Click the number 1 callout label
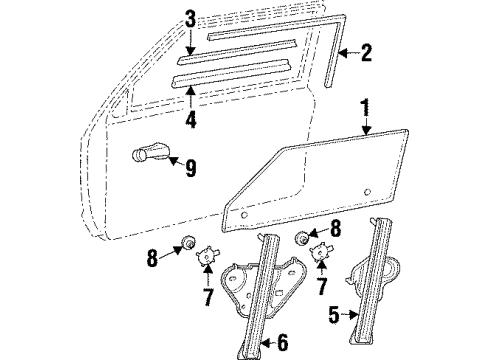367,105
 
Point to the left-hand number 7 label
207,297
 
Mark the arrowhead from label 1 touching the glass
364,137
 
